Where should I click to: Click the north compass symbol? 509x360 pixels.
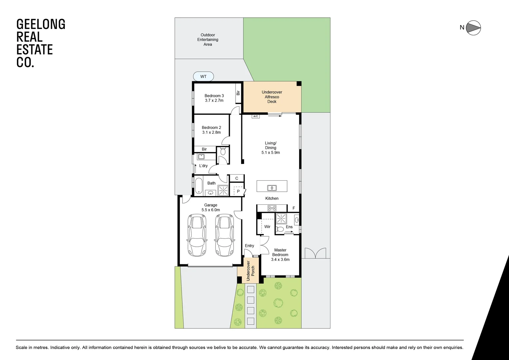point(473,28)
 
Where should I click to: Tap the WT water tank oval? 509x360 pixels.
point(203,77)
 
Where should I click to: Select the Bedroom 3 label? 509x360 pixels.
point(214,96)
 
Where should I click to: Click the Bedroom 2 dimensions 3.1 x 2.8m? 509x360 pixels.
point(211,132)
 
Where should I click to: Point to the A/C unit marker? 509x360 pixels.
point(255,116)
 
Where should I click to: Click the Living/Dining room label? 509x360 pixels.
point(270,145)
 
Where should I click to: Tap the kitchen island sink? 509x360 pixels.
point(272,188)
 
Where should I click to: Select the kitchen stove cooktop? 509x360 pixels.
point(272,208)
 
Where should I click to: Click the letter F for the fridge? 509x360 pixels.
point(293,208)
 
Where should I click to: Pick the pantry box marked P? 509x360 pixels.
point(238,192)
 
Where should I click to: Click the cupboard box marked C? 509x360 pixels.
point(237,178)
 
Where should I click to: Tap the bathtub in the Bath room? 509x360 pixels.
point(199,186)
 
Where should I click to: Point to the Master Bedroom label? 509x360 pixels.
point(280,252)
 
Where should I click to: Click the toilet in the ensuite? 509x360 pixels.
point(280,229)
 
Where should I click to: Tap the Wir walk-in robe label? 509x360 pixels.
point(267,227)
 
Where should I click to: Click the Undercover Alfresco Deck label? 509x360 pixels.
point(272,97)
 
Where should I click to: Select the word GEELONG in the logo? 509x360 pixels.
point(41,24)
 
